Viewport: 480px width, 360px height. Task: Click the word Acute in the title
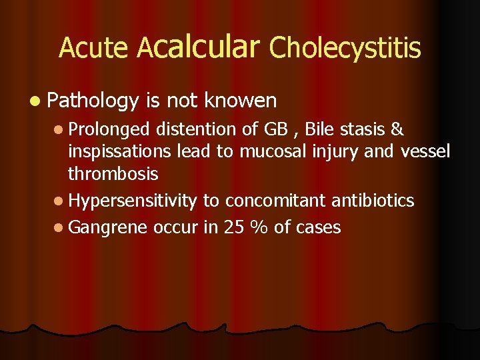[x=94, y=48]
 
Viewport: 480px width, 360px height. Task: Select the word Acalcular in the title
[x=197, y=47]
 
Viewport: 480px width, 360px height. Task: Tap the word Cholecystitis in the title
[x=345, y=48]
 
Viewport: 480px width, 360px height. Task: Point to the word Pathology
[x=93, y=101]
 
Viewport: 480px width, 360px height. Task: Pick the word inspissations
[x=121, y=152]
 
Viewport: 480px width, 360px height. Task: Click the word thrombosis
[x=113, y=174]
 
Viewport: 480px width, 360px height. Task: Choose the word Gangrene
[x=108, y=228]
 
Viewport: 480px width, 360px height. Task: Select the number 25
[x=233, y=227]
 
